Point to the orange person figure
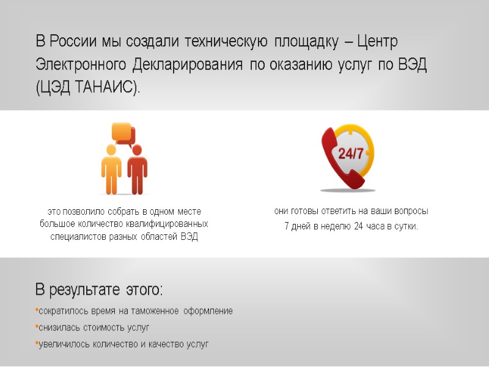pyautogui.click(x=111, y=169)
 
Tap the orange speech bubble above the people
pyautogui.click(x=122, y=132)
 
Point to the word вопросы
pyautogui.click(x=409, y=211)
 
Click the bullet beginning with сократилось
pyautogui.click(x=134, y=311)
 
